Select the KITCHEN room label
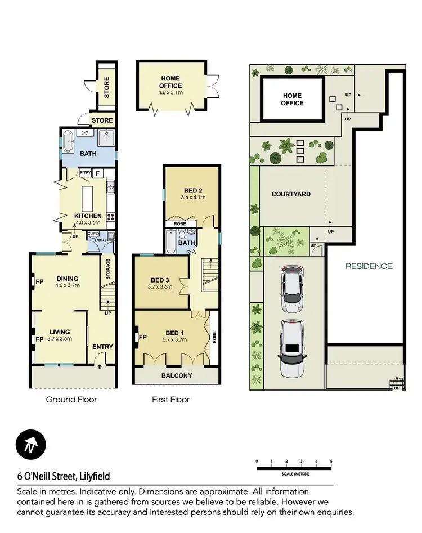pyautogui.click(x=88, y=216)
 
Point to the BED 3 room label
pyautogui.click(x=160, y=280)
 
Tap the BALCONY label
pyautogui.click(x=177, y=375)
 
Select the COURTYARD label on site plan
pyautogui.click(x=291, y=194)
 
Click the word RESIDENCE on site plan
pyautogui.click(x=369, y=266)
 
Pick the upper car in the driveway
pyautogui.click(x=292, y=289)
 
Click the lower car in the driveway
pyautogui.click(x=292, y=349)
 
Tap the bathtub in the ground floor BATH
pyautogui.click(x=67, y=142)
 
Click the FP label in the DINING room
pyautogui.click(x=39, y=282)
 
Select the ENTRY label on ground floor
pyautogui.click(x=102, y=347)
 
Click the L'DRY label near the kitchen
pyautogui.click(x=102, y=240)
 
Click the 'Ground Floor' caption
pyautogui.click(x=72, y=400)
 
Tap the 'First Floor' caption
pyautogui.click(x=170, y=400)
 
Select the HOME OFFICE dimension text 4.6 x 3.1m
pyautogui.click(x=170, y=93)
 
